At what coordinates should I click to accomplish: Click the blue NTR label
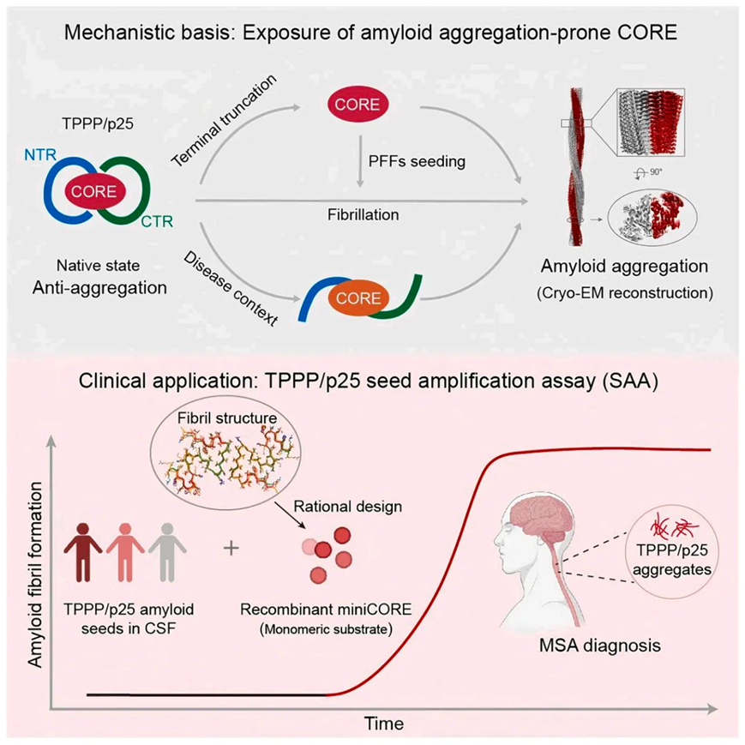40,154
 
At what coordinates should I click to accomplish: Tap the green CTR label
157,221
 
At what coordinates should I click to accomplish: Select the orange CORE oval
358,298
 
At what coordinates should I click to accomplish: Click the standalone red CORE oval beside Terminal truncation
357,105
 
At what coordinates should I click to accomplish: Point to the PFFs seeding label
417,161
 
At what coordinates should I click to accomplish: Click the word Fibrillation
363,215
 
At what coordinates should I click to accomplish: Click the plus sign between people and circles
231,549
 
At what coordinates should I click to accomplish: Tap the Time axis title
384,724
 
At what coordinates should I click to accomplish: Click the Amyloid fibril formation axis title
35,575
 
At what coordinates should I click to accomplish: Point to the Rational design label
348,507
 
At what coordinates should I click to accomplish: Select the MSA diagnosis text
599,646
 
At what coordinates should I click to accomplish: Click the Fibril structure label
227,418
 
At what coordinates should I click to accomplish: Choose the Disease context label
231,288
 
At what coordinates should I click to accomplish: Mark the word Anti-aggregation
99,288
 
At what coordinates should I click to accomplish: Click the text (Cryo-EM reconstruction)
625,293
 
